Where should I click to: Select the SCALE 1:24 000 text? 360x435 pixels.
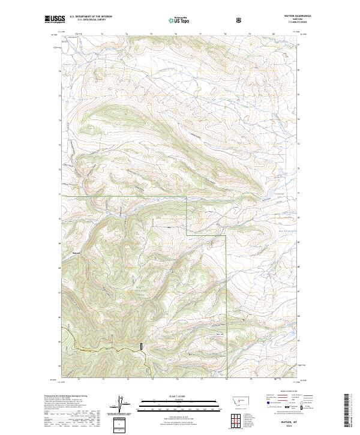[x=178, y=395]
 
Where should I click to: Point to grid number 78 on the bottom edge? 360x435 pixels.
[x=226, y=379]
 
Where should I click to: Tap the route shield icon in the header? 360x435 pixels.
[x=239, y=20]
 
